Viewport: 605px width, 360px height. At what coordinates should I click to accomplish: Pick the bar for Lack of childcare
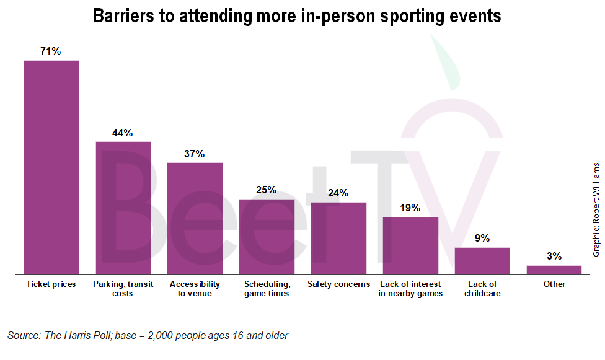pos(482,261)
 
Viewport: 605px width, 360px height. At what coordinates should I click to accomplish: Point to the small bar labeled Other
pos(554,270)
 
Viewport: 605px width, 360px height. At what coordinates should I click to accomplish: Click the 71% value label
pos(51,51)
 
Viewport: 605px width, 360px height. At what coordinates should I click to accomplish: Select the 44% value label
pos(123,133)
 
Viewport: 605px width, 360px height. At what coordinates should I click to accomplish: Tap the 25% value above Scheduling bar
pos(267,190)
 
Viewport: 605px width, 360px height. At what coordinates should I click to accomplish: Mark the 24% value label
pos(338,193)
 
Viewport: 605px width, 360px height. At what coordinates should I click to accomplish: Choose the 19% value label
pos(410,208)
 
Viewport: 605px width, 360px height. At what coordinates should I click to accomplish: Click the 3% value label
pos(554,256)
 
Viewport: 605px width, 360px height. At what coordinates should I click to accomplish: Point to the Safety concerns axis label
pos(338,284)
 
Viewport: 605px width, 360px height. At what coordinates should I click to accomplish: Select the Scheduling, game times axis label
pos(267,289)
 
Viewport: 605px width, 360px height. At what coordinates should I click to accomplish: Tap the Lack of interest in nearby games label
pos(410,289)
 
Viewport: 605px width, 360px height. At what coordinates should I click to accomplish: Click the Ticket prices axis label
pos(51,284)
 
